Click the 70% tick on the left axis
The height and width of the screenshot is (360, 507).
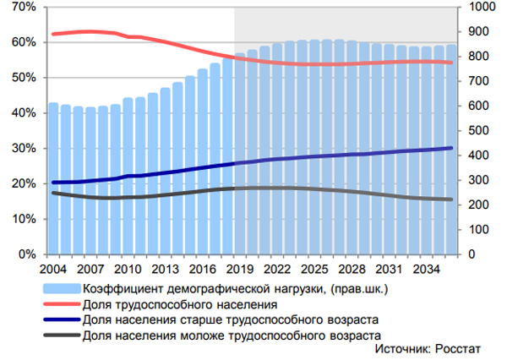point(23,7)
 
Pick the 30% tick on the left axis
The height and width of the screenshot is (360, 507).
point(23,148)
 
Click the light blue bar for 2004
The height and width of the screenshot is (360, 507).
point(53,178)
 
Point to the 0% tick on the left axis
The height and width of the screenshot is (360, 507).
point(26,254)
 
